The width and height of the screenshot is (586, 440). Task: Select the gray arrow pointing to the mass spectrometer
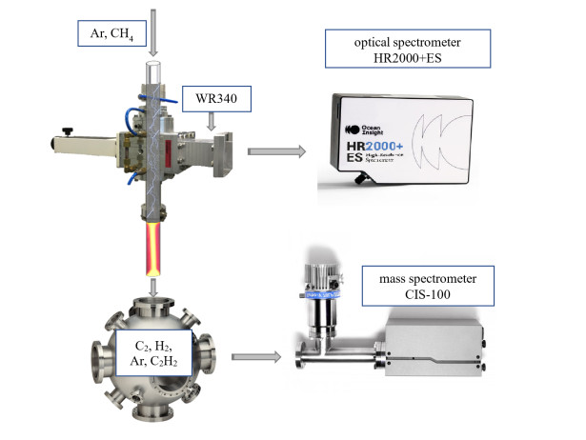coord(256,358)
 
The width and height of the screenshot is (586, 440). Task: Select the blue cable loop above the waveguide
coord(176,90)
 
